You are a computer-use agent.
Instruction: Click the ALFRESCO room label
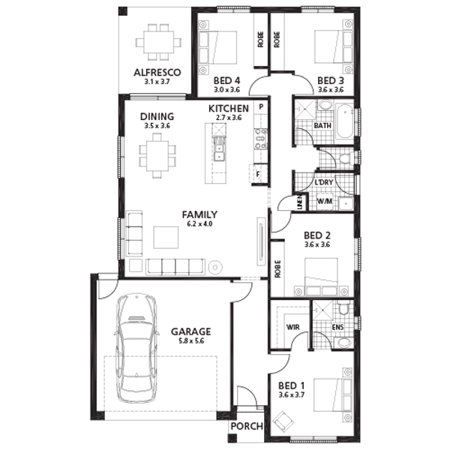click(157, 72)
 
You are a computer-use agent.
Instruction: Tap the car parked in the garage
click(137, 348)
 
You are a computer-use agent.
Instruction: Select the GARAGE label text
click(190, 331)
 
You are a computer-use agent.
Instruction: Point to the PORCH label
click(247, 426)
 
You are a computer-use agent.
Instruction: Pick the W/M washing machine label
click(325, 201)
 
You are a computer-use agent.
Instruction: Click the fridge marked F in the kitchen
click(258, 174)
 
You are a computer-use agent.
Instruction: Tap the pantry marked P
click(261, 106)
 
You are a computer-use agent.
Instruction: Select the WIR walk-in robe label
click(293, 327)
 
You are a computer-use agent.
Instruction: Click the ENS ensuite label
click(337, 327)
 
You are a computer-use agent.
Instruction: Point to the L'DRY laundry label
click(324, 182)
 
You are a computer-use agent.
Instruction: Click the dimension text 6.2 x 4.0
click(199, 223)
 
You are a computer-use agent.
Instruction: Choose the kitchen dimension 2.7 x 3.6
click(229, 118)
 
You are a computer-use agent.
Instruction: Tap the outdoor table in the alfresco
click(158, 42)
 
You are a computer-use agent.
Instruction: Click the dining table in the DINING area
click(157, 156)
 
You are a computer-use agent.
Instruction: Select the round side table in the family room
click(215, 268)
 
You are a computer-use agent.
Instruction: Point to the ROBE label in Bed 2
click(277, 269)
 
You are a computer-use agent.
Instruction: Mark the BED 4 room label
click(226, 81)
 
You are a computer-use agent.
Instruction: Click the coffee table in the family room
click(166, 237)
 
